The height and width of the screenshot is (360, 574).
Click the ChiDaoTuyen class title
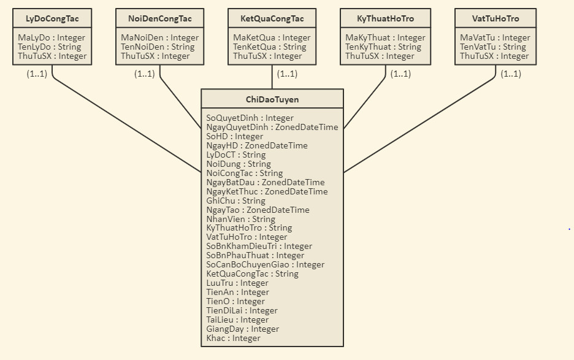pyautogui.click(x=272, y=99)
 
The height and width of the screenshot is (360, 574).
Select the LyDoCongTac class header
pyautogui.click(x=52, y=19)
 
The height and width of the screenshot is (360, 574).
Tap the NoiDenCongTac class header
pyautogui.click(x=160, y=19)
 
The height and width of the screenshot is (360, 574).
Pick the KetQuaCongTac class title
pyautogui.click(x=272, y=19)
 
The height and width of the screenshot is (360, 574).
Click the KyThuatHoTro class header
pyautogui.click(x=385, y=19)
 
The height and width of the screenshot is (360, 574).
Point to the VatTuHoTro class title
pyautogui.click(x=496, y=19)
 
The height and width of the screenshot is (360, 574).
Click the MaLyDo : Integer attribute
pyautogui.click(x=52, y=38)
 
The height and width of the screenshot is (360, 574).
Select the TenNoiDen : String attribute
pyautogui.click(x=158, y=47)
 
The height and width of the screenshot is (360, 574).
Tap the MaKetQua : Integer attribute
pyautogui.click(x=272, y=38)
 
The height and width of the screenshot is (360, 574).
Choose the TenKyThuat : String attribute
pyautogui.click(x=383, y=47)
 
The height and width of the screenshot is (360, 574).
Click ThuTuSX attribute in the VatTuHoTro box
pyautogui.click(x=494, y=56)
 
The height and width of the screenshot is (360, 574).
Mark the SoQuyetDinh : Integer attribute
pyautogui.click(x=250, y=118)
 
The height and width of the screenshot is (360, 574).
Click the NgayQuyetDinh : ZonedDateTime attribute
pyautogui.click(x=272, y=128)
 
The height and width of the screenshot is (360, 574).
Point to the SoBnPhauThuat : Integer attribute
pyautogui.click(x=255, y=255)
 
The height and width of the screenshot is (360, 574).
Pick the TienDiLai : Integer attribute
pyautogui.click(x=242, y=310)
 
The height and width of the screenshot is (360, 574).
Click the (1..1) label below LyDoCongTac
pyautogui.click(x=37, y=74)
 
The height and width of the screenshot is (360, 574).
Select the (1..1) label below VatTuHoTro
pyautogui.click(x=511, y=74)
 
